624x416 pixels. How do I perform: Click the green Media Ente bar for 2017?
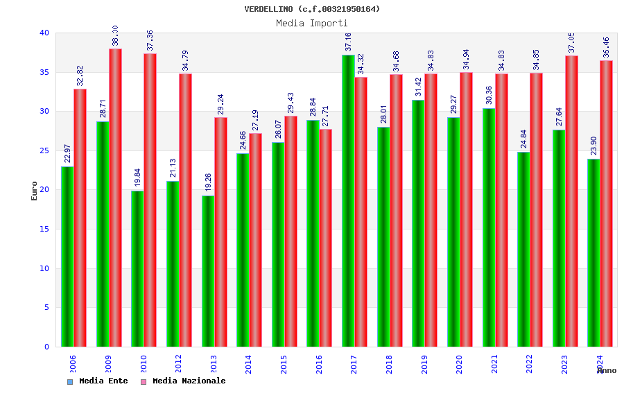(x=348, y=201)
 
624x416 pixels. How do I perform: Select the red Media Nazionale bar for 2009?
(x=115, y=198)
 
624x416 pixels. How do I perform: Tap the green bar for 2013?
(x=208, y=271)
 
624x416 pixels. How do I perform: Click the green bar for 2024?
(x=593, y=253)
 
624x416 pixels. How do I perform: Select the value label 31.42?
(x=418, y=87)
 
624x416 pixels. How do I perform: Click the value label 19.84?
(x=137, y=177)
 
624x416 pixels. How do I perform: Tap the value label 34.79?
(x=185, y=60)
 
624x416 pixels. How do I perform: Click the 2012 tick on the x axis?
(x=178, y=364)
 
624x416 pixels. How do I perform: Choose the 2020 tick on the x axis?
(x=459, y=364)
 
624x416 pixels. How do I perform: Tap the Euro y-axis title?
(x=35, y=191)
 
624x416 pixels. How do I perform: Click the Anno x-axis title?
(x=607, y=370)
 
